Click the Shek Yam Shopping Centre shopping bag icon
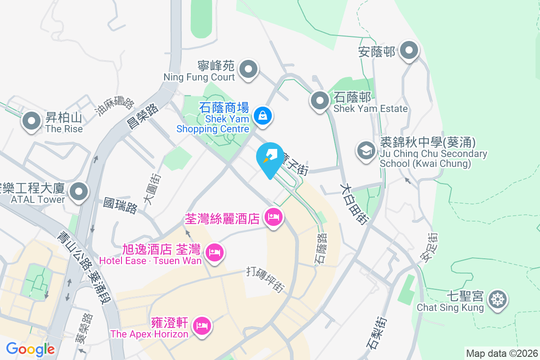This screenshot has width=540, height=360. pyautogui.click(x=262, y=116)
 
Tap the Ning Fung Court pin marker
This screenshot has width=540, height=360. pyautogui.click(x=248, y=70)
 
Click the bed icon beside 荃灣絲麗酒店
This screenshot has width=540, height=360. pyautogui.click(x=273, y=218)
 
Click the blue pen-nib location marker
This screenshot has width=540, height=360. pyautogui.click(x=270, y=156)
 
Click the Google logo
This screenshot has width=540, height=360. pyautogui.click(x=31, y=349)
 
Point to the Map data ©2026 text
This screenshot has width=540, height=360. pyautogui.click(x=501, y=353)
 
